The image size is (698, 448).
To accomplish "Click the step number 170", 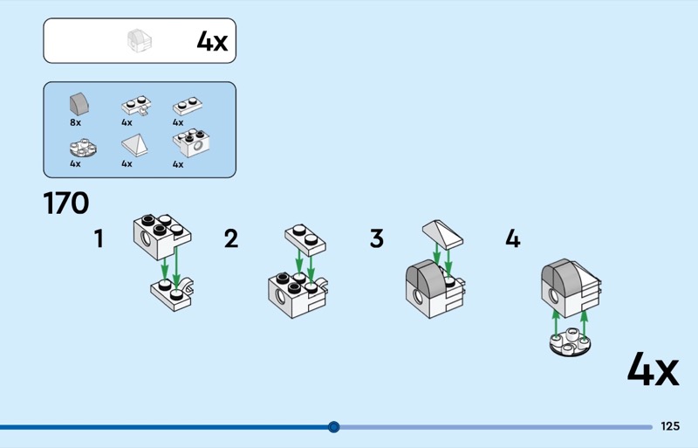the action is pyautogui.click(x=66, y=203).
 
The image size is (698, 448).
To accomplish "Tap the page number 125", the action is pyautogui.click(x=670, y=426).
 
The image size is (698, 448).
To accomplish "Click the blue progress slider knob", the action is pyautogui.click(x=333, y=427).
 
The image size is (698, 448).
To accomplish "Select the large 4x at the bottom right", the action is pyautogui.click(x=653, y=369).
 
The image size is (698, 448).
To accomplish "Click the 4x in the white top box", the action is pyautogui.click(x=212, y=41).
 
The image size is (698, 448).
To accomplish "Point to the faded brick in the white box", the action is pyautogui.click(x=140, y=40).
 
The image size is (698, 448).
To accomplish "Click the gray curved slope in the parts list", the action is pyautogui.click(x=79, y=104).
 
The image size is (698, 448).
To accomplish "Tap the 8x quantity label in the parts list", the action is pyautogui.click(x=75, y=122).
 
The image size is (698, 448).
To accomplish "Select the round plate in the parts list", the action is pyautogui.click(x=83, y=148).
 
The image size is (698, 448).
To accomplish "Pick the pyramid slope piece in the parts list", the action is pyautogui.click(x=134, y=145).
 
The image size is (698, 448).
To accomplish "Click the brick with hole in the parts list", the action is pyautogui.click(x=191, y=143).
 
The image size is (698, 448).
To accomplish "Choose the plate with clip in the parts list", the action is pyautogui.click(x=136, y=106).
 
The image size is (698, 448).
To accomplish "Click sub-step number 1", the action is pyautogui.click(x=99, y=238).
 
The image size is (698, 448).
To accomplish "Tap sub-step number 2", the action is pyautogui.click(x=231, y=238).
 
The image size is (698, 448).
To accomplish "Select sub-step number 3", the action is pyautogui.click(x=377, y=238).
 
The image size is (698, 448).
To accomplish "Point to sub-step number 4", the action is pyautogui.click(x=513, y=238).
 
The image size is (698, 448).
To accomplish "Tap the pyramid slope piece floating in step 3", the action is pyautogui.click(x=442, y=234).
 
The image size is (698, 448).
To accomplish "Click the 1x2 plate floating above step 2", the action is pyautogui.click(x=305, y=240).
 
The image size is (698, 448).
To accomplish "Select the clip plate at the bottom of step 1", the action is pyautogui.click(x=173, y=294).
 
